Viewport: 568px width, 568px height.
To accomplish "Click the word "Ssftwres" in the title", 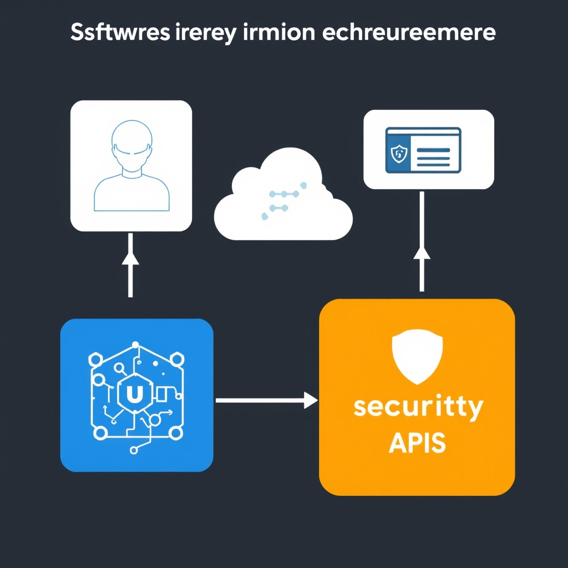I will click(114, 33).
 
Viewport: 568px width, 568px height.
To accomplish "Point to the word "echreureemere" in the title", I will click(408, 33).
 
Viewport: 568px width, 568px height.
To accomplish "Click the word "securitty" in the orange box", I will click(418, 408).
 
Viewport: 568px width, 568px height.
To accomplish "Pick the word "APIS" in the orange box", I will click(417, 443).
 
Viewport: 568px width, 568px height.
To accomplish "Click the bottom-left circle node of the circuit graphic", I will click(100, 433).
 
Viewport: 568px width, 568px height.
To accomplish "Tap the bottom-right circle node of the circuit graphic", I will click(177, 433).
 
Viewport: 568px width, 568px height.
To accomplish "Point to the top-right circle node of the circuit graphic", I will click(177, 361).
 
